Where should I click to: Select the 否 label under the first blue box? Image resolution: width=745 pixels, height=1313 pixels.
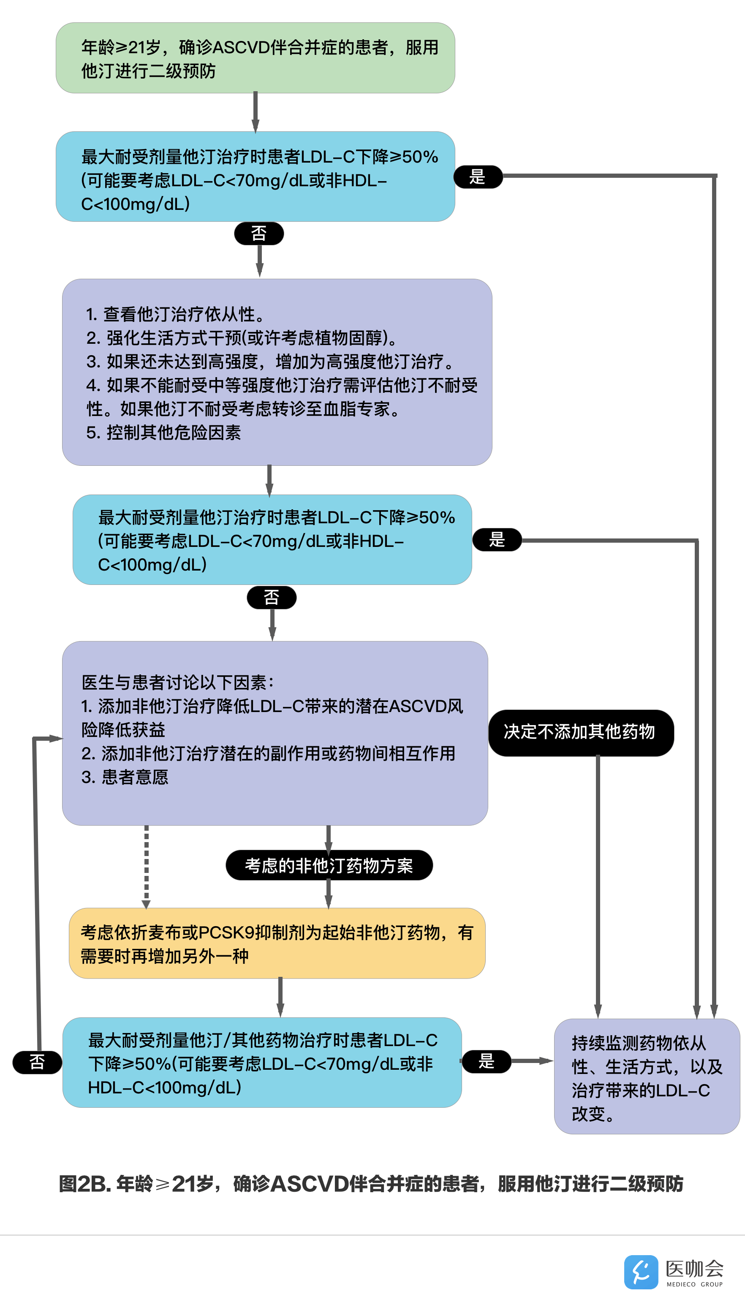259,234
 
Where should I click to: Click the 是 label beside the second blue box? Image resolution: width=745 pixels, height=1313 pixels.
497,540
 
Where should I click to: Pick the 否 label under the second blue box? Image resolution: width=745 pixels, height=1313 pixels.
272,598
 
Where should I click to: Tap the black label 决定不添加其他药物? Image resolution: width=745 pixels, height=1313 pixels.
580,732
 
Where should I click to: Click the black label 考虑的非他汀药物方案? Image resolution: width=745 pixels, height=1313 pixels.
329,865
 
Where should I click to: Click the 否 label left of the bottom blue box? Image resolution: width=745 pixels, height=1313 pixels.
37,1063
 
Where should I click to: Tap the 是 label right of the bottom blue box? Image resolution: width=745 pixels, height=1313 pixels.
486,1061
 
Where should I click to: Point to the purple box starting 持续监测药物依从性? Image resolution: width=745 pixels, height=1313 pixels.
647,1076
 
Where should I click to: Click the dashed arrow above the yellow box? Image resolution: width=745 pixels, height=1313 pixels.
146,867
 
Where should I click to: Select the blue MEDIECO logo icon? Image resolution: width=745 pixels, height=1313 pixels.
641,1272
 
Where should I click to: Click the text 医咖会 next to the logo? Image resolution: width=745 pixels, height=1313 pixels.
694,1269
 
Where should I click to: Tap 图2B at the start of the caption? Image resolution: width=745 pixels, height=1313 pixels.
84,1184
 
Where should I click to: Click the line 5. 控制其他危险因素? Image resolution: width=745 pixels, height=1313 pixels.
164,433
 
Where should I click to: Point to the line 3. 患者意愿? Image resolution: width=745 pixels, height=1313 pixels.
125,777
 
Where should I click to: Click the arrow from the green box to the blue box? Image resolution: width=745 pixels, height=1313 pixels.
256,112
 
